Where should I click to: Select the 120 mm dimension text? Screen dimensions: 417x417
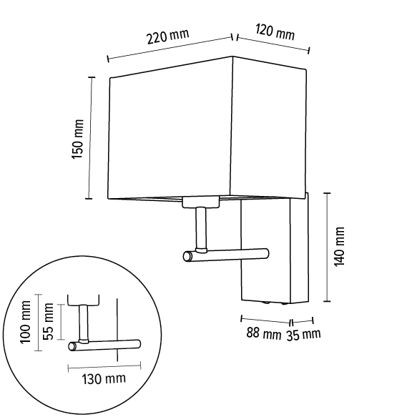[x=275, y=33]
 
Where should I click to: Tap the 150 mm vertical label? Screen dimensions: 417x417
[x=78, y=137]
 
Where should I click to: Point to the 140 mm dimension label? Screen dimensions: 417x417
[x=339, y=247]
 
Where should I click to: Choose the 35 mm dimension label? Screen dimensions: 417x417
[x=304, y=334]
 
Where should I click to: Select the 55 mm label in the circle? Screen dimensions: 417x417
[x=48, y=323]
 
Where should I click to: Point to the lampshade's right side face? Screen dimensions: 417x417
[x=270, y=129]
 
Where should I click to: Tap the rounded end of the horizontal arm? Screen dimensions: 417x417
[x=188, y=256]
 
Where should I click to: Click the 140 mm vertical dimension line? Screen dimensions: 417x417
[x=327, y=247]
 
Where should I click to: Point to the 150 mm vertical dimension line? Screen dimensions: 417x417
[x=90, y=137]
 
